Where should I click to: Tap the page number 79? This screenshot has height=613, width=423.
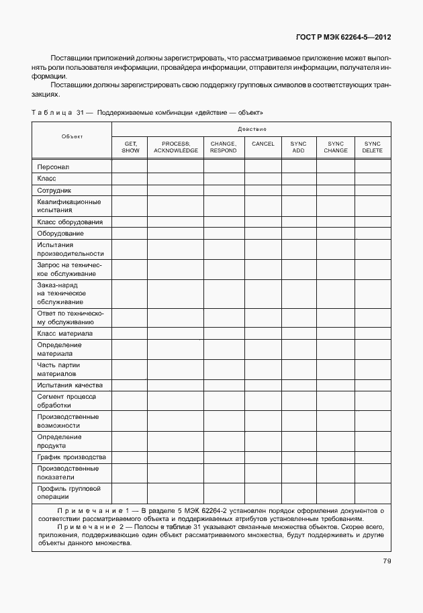pos(387,561)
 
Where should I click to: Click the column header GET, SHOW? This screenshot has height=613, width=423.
pos(130,147)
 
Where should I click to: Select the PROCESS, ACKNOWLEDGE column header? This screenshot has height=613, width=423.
pos(176,147)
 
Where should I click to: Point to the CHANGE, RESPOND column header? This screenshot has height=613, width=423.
pos(224,147)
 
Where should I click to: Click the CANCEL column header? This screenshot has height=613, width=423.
pos(263,144)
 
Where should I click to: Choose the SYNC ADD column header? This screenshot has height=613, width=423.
pos(298,147)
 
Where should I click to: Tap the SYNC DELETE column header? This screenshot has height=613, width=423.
pos(372,147)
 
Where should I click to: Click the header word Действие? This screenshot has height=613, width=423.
pos(252,129)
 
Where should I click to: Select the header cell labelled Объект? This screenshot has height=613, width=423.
pos(72,136)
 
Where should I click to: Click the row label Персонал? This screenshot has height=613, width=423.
pos(54,167)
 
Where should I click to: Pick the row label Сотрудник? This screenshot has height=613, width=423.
pos(55,190)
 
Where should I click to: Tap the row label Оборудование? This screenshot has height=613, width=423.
pos(61,233)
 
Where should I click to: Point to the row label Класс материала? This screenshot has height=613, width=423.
pos(65,333)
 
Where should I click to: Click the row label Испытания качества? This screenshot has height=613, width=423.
pos(70,385)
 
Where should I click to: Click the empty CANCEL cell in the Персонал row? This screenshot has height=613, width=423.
pos(263,167)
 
